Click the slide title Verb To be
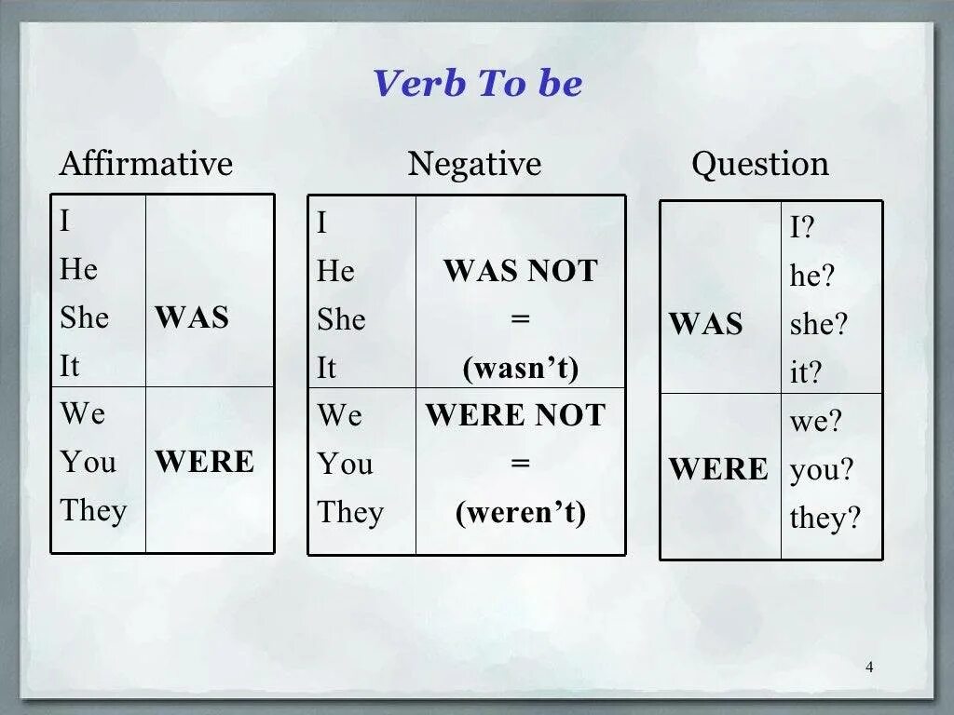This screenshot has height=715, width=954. [x=477, y=84]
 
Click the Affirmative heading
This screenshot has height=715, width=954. [x=145, y=164]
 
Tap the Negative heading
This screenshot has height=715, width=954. [x=474, y=164]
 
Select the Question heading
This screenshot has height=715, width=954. [x=759, y=164]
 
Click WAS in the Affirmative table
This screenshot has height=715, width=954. [x=192, y=317]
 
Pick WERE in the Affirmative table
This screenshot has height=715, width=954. [x=204, y=462]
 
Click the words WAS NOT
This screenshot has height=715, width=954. [x=520, y=272]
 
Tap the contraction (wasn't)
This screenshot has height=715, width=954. [x=520, y=369]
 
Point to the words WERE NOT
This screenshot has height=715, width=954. [x=515, y=415]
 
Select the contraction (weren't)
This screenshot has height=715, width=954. [x=520, y=513]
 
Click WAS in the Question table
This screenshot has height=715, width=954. [x=705, y=325]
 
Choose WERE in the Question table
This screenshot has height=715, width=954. [x=718, y=469]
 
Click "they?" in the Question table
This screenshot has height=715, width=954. [x=825, y=518]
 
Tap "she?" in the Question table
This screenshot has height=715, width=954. [x=819, y=324]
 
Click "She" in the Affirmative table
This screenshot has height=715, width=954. [x=85, y=317]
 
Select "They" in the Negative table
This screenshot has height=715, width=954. [x=350, y=512]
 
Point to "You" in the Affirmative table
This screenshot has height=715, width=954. [x=89, y=462]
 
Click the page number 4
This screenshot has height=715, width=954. [x=869, y=667]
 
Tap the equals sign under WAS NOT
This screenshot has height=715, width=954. [x=520, y=319]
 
